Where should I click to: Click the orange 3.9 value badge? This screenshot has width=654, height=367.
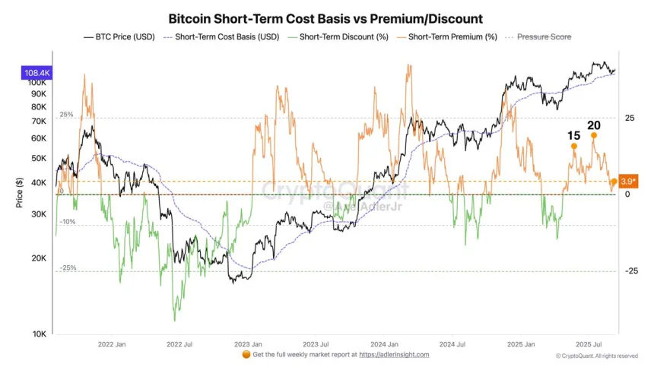(x=628, y=182)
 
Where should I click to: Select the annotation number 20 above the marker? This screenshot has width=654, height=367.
(x=594, y=125)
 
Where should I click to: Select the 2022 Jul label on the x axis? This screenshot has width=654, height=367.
(x=179, y=343)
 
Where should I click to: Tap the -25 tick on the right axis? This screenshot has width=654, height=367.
(x=630, y=271)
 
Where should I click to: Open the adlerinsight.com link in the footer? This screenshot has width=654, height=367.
(x=394, y=355)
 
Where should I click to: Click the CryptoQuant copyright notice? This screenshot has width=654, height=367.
(x=596, y=356)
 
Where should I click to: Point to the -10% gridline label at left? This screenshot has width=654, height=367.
(x=68, y=221)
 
